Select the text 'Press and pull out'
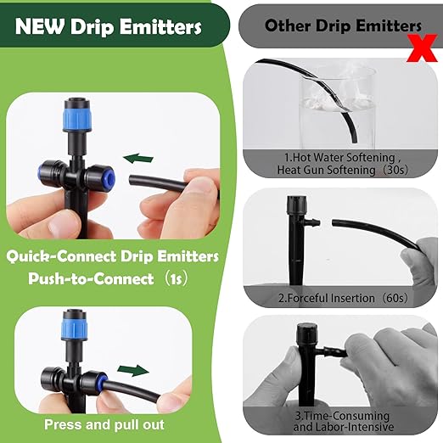pos(117,424)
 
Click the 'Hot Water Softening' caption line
pos(329,158)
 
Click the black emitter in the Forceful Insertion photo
pos(297,238)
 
